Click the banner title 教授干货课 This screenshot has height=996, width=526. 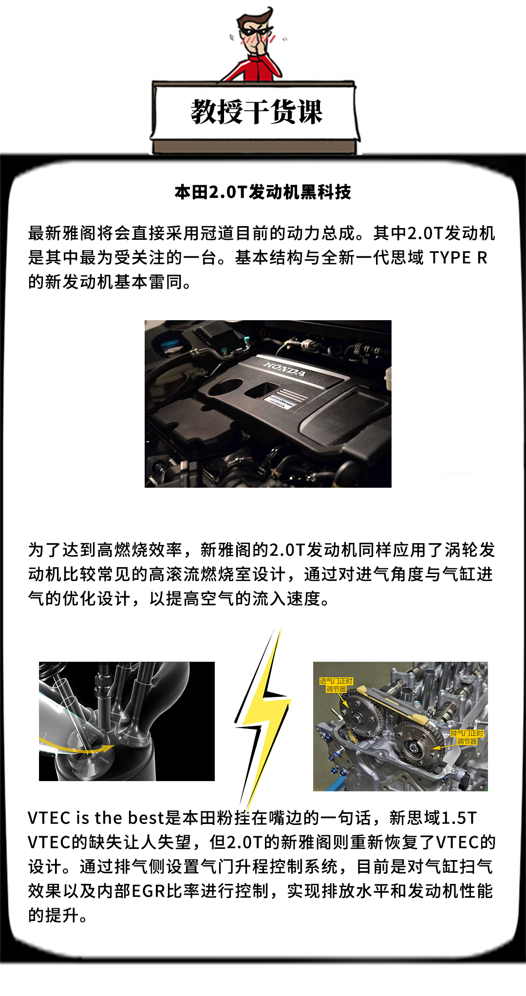[256, 112]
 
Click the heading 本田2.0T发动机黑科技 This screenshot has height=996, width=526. [263, 192]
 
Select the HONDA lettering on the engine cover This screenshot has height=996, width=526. [285, 369]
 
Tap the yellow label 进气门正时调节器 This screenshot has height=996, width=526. [336, 685]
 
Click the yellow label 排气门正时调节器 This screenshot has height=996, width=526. [467, 737]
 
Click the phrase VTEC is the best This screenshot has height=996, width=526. [96, 818]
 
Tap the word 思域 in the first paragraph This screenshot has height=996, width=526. [407, 257]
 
